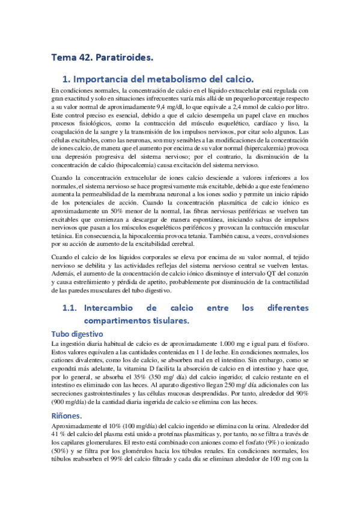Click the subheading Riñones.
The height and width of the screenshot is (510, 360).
69,417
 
